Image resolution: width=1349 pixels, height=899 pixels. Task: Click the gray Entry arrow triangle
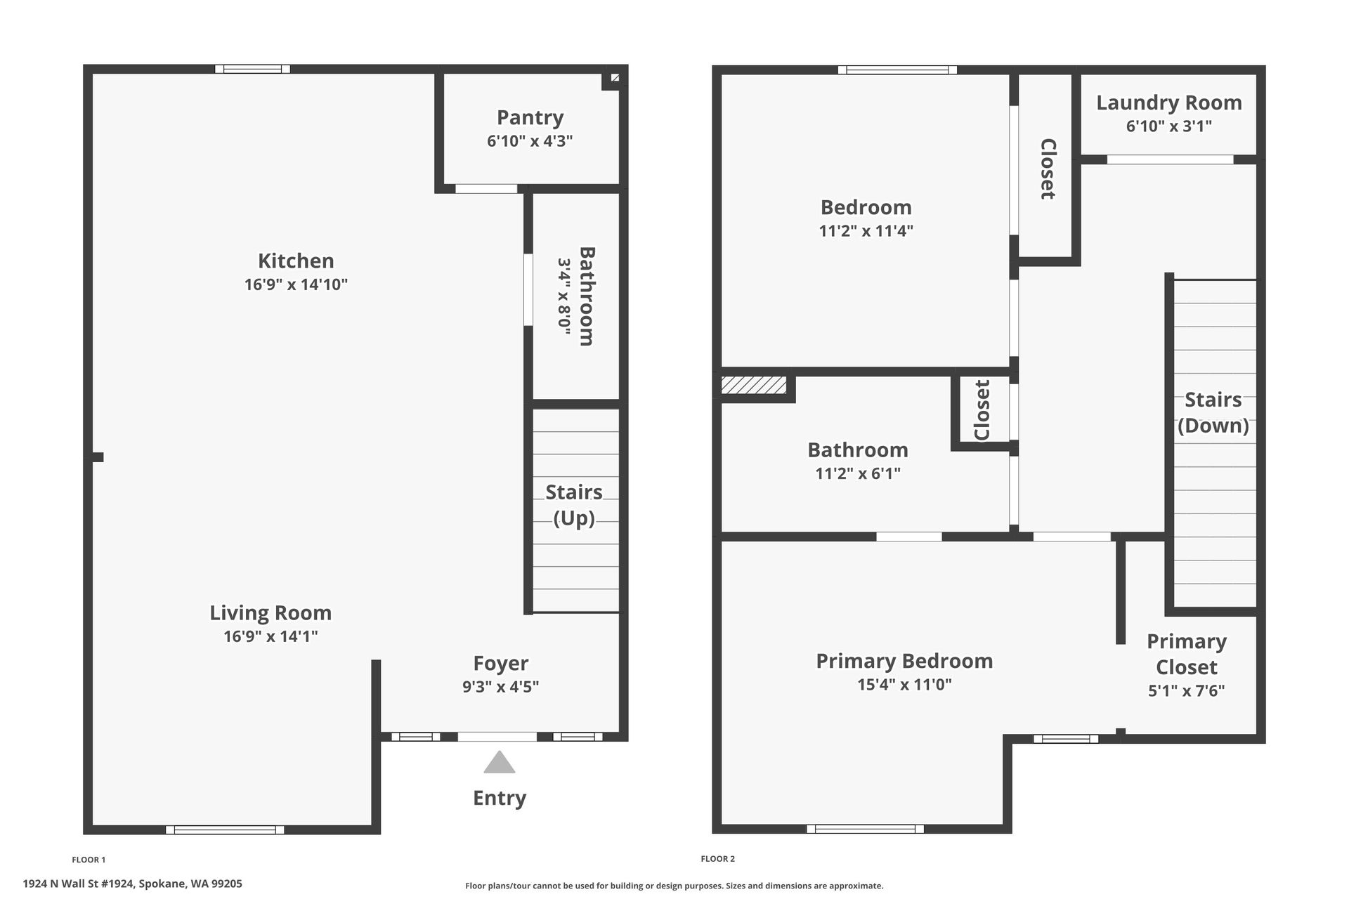click(x=500, y=762)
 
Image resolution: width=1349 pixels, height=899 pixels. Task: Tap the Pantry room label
click(x=530, y=117)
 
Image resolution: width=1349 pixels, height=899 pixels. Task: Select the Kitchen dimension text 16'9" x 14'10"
click(x=296, y=284)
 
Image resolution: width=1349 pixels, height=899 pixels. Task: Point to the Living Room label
click(x=271, y=612)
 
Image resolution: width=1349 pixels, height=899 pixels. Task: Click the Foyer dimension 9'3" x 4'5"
click(x=500, y=686)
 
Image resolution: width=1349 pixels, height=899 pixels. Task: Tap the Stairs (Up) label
click(x=574, y=505)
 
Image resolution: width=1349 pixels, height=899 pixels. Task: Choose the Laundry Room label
click(x=1169, y=103)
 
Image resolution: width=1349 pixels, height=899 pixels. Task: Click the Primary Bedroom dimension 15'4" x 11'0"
click(x=904, y=684)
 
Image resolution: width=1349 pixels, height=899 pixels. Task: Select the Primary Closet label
click(x=1187, y=654)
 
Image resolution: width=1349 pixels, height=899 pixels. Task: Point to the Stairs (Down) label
click(x=1213, y=412)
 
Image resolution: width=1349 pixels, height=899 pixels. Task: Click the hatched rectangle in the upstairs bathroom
click(x=754, y=385)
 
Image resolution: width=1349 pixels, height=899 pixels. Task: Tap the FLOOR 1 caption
click(x=89, y=860)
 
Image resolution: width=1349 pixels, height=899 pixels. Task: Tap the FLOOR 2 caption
click(x=718, y=859)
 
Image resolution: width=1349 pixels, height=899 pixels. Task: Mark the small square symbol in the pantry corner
click(x=615, y=78)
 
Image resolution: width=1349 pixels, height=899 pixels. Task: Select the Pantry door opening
click(x=486, y=189)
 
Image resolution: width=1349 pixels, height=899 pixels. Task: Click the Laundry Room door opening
click(x=1170, y=159)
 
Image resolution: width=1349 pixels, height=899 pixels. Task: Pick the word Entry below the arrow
click(x=500, y=798)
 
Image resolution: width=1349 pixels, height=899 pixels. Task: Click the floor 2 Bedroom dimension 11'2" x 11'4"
click(x=866, y=231)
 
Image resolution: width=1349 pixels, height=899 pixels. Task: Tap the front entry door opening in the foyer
click(x=497, y=737)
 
